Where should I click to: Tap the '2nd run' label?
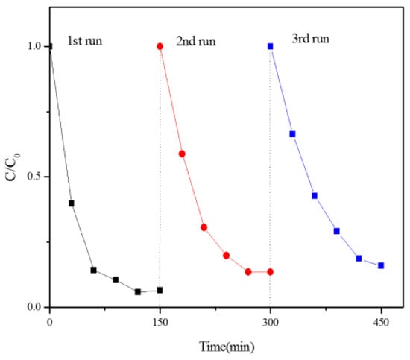click(197, 41)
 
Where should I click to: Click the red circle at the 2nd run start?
click(160, 46)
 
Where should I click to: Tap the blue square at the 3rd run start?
click(270, 46)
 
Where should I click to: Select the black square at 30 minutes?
click(72, 203)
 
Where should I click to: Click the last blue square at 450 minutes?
click(381, 265)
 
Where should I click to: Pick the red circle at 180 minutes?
click(182, 154)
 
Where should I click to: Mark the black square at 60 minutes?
click(93, 270)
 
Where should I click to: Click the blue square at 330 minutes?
click(292, 134)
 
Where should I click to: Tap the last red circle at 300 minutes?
click(270, 271)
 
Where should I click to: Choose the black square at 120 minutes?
click(138, 291)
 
